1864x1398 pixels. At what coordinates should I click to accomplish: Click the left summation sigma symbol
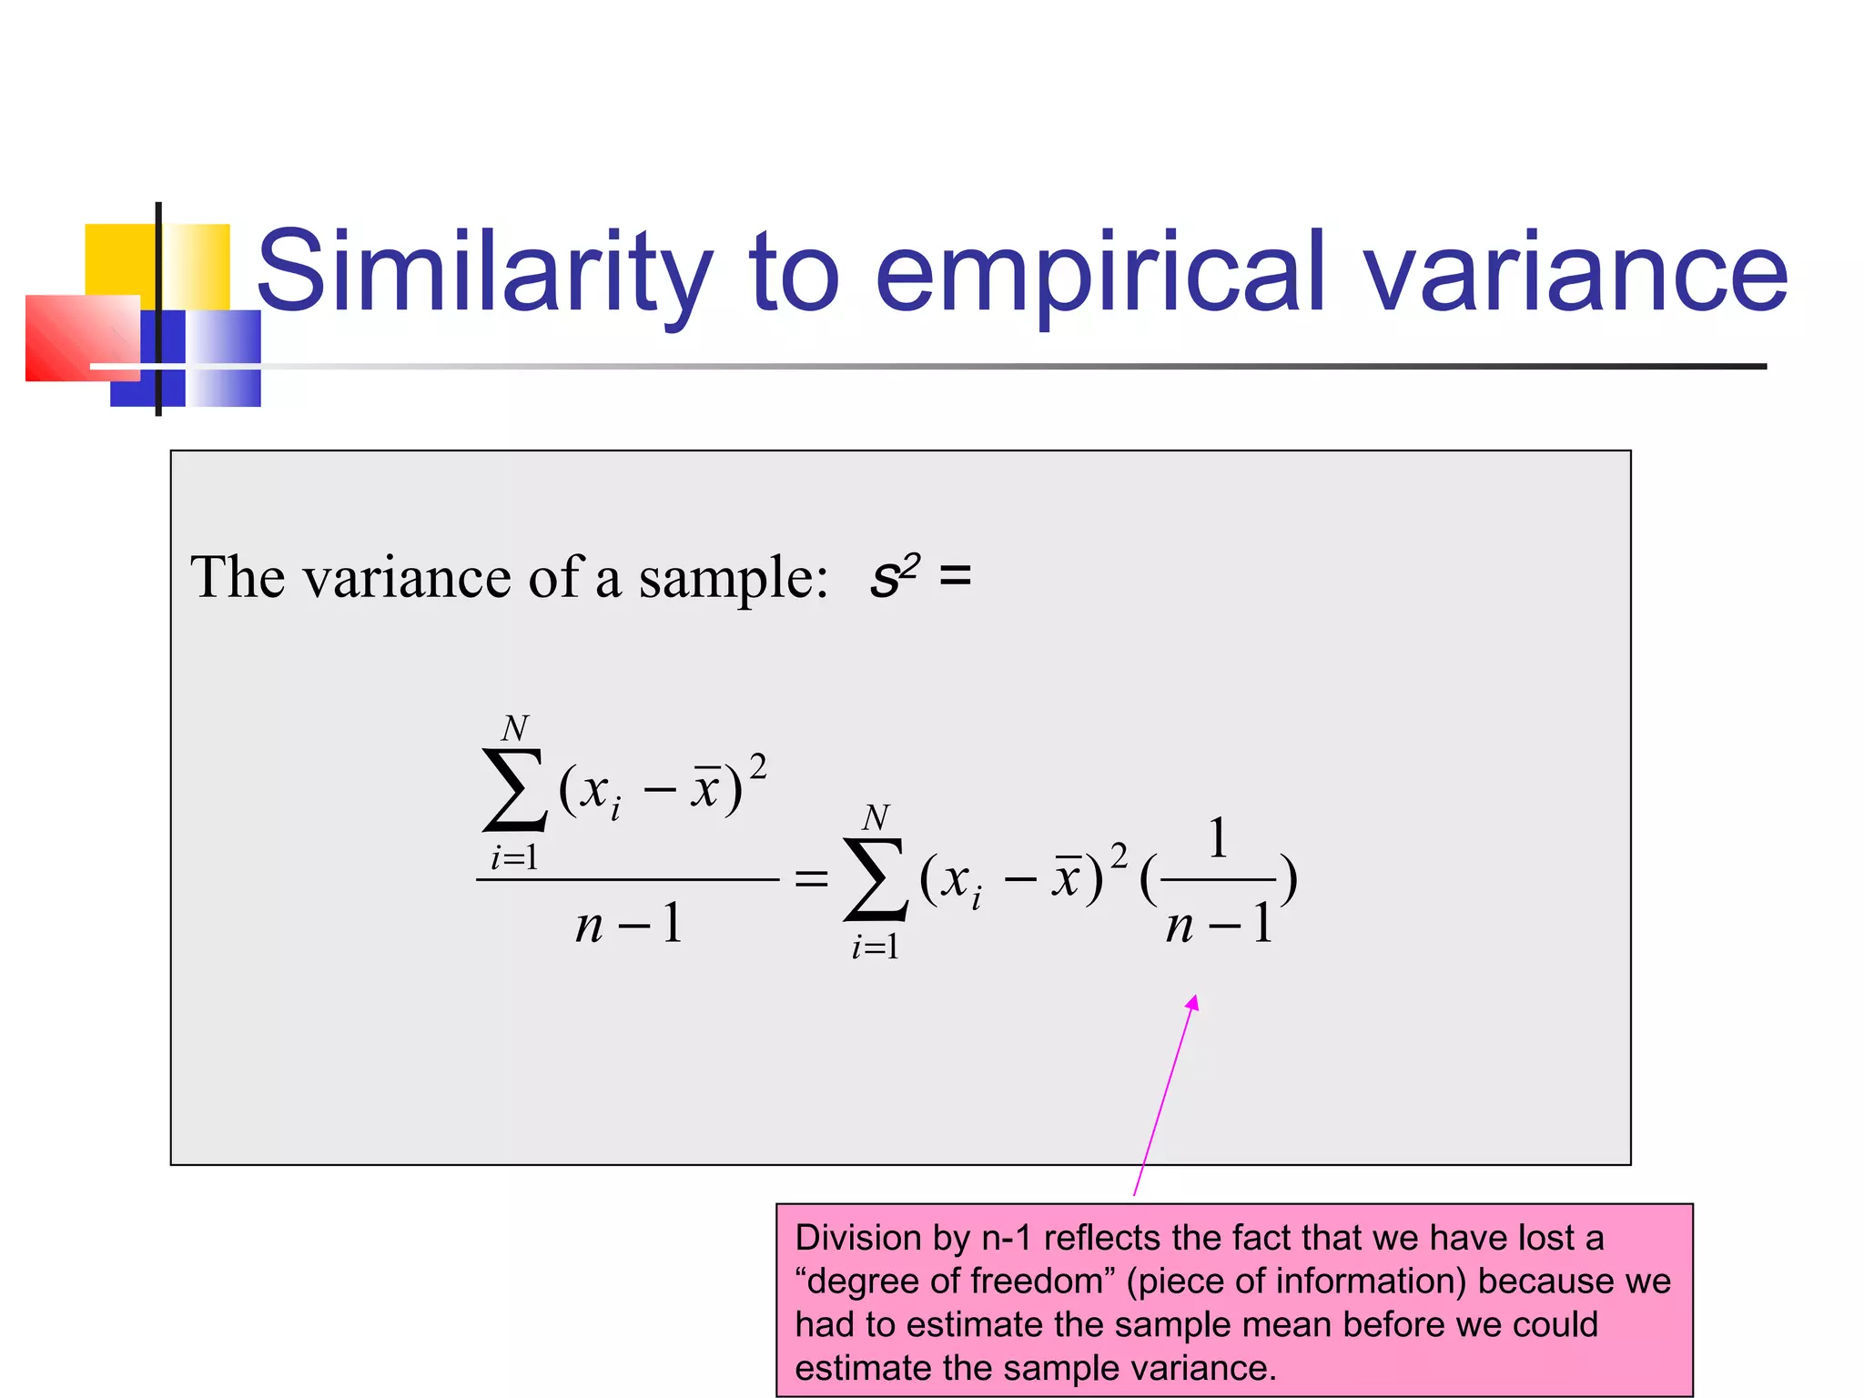click(x=514, y=790)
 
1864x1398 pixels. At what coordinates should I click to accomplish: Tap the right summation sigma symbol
click(x=875, y=879)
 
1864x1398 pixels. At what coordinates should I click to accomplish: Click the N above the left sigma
click(x=515, y=728)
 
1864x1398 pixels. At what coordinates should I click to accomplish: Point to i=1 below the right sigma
click(x=875, y=947)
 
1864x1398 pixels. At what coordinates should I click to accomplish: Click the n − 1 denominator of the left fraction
click(x=629, y=925)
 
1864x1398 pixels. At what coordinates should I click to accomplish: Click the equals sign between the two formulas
click(x=811, y=879)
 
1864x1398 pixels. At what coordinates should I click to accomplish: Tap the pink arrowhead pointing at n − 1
click(x=1193, y=1002)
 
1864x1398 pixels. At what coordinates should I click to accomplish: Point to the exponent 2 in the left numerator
click(x=757, y=766)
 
